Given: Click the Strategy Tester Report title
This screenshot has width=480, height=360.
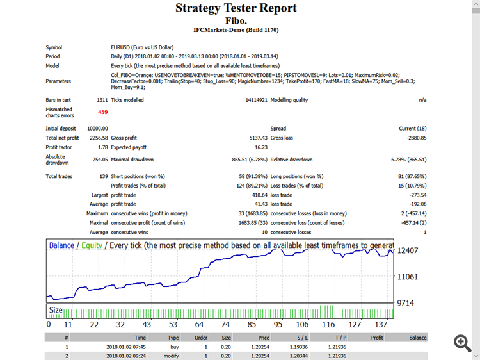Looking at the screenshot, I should pos(236,8).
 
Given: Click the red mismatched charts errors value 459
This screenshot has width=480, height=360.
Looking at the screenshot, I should pos(102,112).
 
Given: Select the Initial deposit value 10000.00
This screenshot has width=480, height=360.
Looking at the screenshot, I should pos(97,129).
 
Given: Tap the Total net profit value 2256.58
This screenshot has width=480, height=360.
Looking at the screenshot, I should pos(98,138).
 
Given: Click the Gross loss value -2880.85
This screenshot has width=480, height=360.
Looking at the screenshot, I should pos(413,138).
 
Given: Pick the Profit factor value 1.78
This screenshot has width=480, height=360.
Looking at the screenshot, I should pos(102,147).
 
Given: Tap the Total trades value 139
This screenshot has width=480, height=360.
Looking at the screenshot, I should pos(102,176).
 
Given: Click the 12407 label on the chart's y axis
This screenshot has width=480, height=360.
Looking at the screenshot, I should pos(408,250).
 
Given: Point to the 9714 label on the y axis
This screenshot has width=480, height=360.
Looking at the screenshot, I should pos(406,302).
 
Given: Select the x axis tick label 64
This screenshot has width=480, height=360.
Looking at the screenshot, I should pos(199,324).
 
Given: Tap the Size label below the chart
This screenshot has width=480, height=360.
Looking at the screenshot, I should pos(56,311).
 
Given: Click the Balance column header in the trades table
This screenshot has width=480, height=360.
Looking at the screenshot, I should pos(418,337).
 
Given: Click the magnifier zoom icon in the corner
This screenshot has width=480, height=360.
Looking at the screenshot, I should pos(463,343).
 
